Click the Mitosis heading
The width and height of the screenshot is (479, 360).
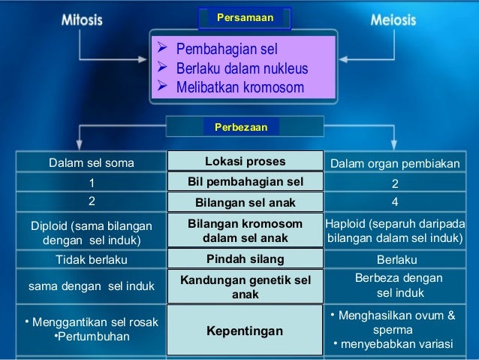(82, 20)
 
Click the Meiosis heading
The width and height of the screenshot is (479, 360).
(393, 20)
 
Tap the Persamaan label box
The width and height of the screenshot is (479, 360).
(245, 17)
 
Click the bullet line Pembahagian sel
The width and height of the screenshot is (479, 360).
(226, 50)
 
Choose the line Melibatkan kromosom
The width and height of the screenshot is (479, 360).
(239, 87)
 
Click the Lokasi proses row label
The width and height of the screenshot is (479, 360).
(245, 161)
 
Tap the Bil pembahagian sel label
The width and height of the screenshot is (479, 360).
(245, 182)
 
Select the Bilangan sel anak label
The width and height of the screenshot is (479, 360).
(245, 202)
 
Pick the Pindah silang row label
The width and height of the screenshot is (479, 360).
(245, 259)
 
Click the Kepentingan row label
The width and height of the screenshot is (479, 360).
(245, 331)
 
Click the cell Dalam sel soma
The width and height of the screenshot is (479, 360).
(92, 162)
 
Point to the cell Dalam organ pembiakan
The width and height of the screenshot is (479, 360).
(396, 162)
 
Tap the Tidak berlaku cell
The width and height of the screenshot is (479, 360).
(92, 260)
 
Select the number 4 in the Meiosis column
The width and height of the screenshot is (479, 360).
(395, 202)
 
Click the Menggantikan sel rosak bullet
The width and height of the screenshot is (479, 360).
(92, 322)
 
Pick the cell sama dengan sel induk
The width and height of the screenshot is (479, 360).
(91, 286)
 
